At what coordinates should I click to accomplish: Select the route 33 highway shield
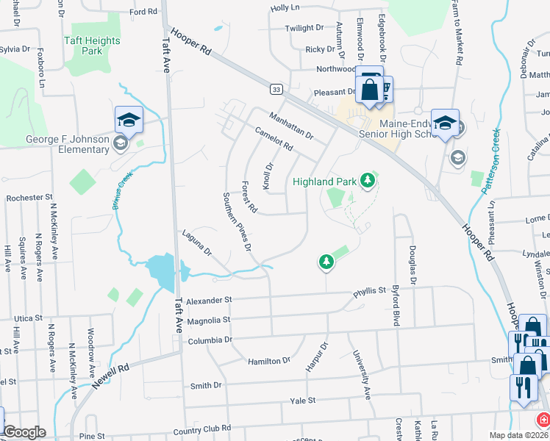tap(276, 89)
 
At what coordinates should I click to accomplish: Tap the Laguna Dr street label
tap(197, 243)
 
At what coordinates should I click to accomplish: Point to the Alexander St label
tap(209, 300)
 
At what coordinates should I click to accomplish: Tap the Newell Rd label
tap(109, 374)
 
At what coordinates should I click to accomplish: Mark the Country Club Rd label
tap(201, 429)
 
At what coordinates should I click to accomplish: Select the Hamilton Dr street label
tap(271, 361)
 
